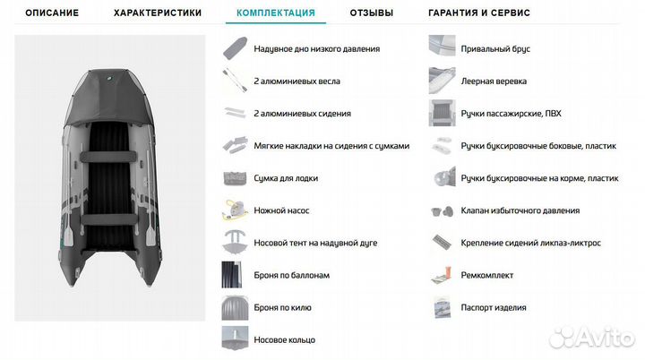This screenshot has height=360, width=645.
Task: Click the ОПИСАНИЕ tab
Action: point(51,13)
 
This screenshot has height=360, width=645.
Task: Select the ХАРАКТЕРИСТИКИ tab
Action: point(158,13)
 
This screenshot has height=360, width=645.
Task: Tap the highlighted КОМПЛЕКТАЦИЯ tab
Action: point(275,13)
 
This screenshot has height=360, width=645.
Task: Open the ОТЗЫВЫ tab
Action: point(371,13)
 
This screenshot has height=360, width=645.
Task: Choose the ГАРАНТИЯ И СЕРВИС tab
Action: point(479,13)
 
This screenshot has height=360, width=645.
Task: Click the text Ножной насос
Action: point(279,210)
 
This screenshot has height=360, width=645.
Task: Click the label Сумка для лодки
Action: point(286,178)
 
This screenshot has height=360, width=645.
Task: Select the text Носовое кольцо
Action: point(284,340)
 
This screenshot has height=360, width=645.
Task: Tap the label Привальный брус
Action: point(495,49)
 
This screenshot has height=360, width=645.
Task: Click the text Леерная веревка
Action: point(495,81)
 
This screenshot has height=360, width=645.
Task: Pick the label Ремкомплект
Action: point(487,275)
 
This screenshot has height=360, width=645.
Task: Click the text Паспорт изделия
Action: point(494,308)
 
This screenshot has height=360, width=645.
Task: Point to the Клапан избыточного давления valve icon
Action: point(441,211)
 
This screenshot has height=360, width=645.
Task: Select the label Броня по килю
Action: point(282,308)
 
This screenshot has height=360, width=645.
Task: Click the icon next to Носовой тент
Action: point(233,243)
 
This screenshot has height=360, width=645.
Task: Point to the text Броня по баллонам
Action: point(291,276)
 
